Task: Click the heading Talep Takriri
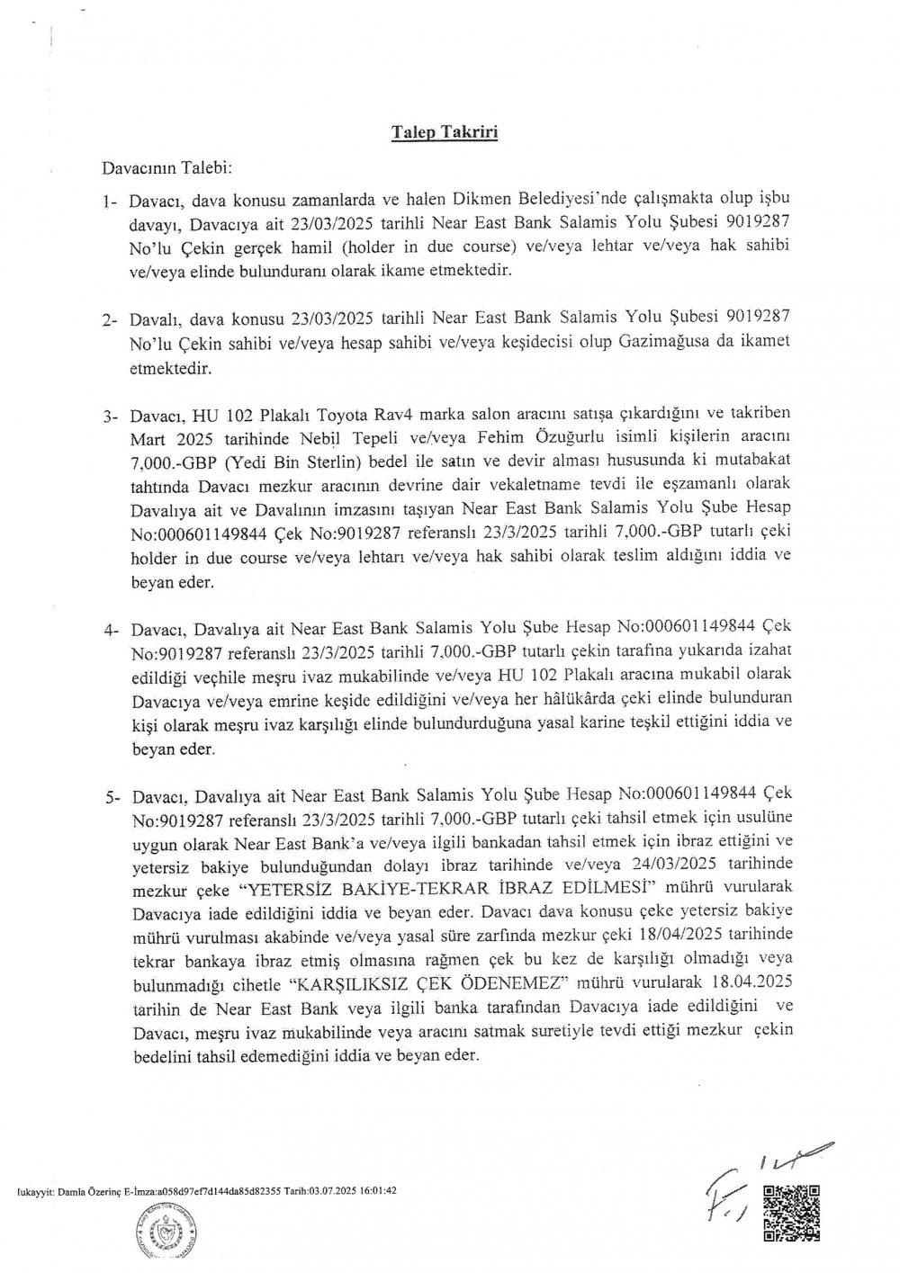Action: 445,132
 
